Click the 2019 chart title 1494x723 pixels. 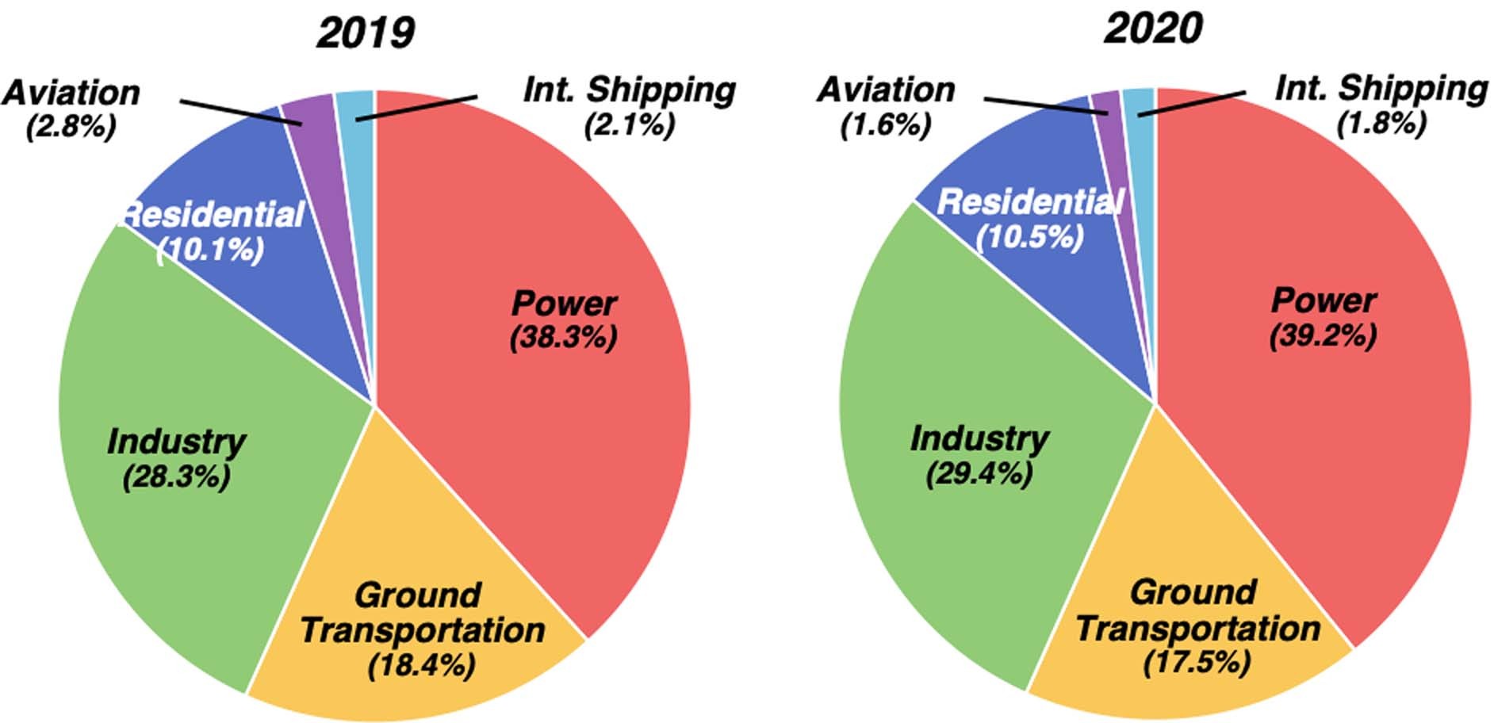coord(365,33)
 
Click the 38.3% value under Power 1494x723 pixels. coord(563,338)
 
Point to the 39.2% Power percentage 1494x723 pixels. coord(1323,335)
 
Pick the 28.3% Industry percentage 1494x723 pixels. coord(176,477)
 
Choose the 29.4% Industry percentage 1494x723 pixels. coord(979,474)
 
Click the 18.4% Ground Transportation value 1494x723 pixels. coord(421,664)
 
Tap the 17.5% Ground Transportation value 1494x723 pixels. coord(1197,661)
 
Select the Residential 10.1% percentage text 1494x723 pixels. coord(211,251)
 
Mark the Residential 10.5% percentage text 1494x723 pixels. coord(1029,237)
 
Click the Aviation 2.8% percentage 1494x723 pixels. coord(71,126)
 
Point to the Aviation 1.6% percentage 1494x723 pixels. coord(886,124)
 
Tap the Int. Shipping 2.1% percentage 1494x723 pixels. coord(630,124)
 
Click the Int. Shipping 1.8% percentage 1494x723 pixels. coord(1381,123)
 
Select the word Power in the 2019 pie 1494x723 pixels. coord(563,304)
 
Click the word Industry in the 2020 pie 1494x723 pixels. coord(979,438)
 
